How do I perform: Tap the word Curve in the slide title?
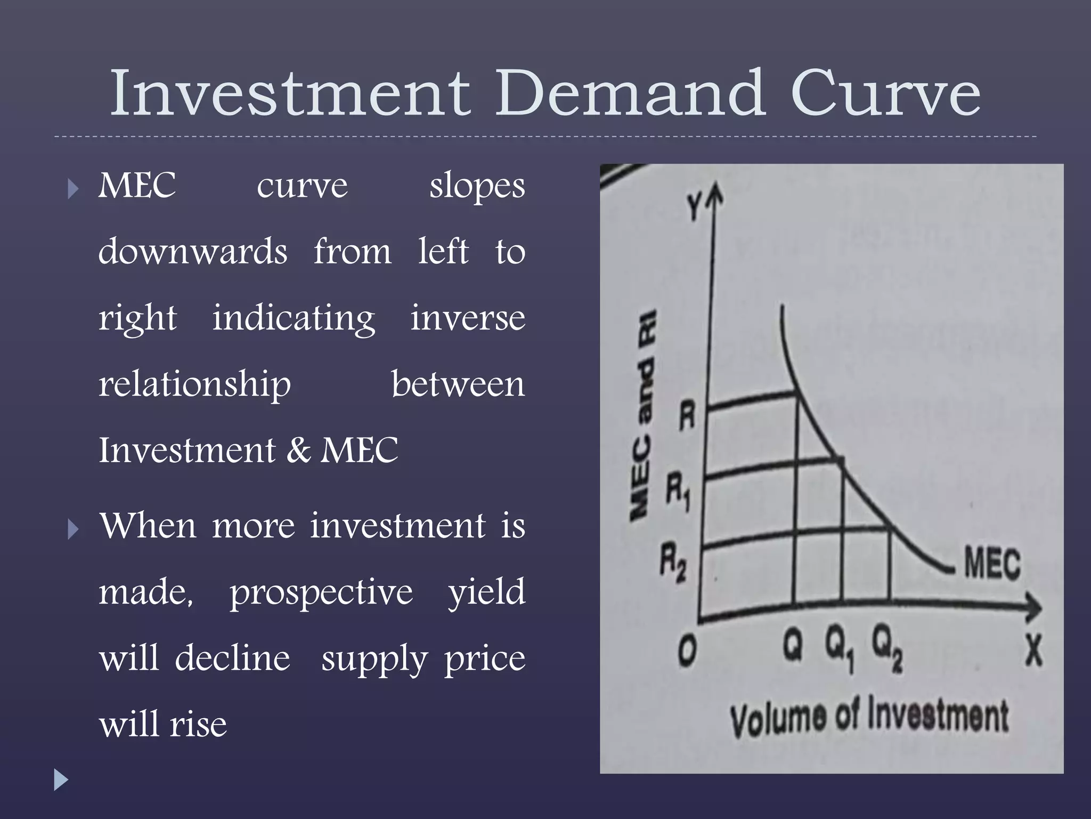tap(886, 94)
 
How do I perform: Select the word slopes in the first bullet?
tap(477, 187)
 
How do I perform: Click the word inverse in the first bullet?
tap(468, 318)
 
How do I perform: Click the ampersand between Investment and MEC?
tap(298, 451)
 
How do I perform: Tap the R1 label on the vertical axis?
tap(678, 492)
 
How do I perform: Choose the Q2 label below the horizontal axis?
tap(887, 652)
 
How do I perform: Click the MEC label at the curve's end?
tap(992, 564)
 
